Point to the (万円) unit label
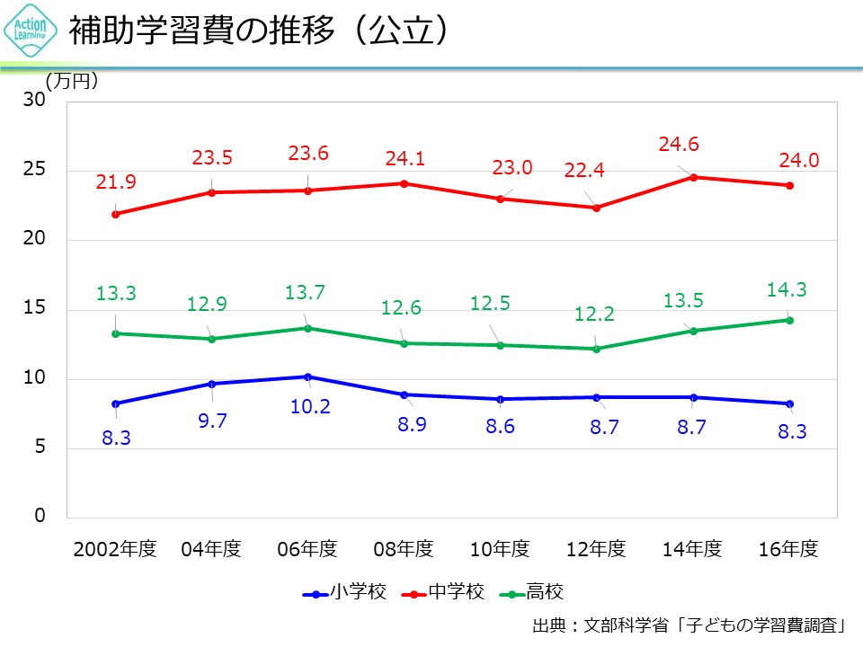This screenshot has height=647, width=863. tap(72, 80)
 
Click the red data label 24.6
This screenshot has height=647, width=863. tap(679, 144)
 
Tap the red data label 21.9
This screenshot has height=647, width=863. tap(116, 182)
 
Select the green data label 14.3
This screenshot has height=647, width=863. tap(787, 289)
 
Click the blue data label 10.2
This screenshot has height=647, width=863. tap(310, 407)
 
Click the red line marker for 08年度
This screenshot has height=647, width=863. tap(405, 183)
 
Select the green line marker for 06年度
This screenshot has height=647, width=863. tap(308, 328)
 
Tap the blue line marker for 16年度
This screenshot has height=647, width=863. tap(789, 403)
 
